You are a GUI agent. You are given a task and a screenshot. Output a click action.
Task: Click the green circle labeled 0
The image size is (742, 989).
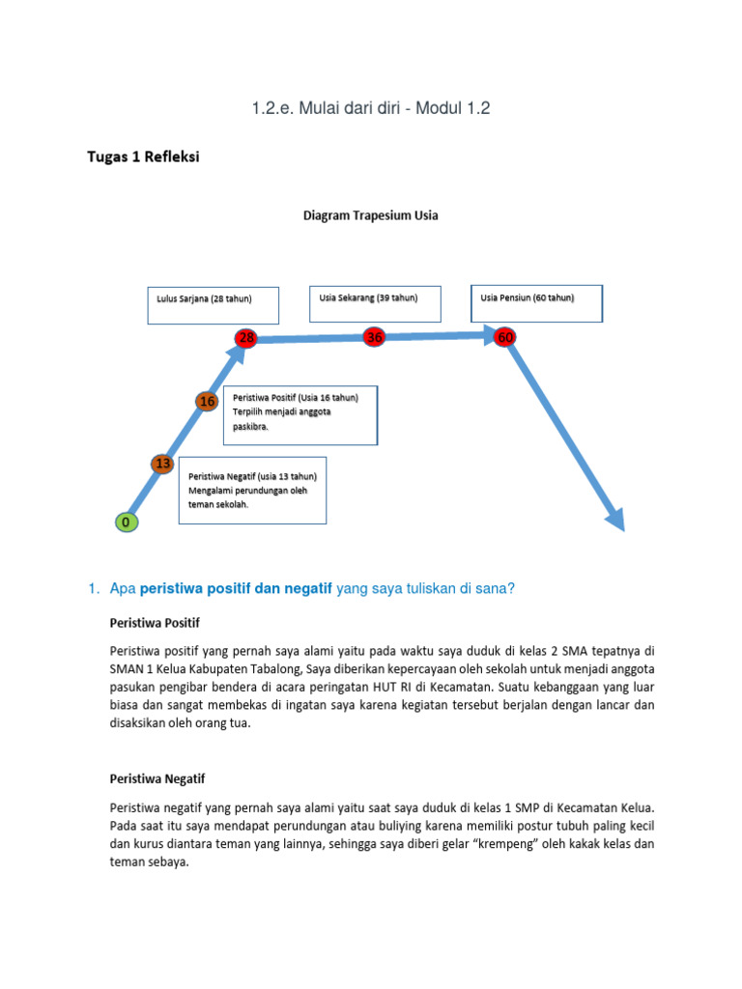coord(127,523)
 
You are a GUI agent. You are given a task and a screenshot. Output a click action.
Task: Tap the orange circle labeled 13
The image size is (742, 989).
coord(163,465)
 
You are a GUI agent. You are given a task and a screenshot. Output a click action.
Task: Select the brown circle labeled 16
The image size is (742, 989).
coord(207,401)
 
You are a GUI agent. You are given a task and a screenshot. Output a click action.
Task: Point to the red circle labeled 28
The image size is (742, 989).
coord(246,337)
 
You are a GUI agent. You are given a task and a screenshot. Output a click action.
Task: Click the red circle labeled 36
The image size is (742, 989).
coord(375,337)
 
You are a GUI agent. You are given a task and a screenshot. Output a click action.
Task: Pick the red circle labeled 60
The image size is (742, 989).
coord(504,337)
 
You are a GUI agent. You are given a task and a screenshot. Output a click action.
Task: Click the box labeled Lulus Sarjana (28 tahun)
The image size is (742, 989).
coord(214,304)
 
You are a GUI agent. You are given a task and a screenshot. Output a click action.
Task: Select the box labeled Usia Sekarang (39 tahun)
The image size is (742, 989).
coord(375,304)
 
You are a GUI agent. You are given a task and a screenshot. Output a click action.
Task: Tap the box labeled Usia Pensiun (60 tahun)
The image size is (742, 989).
coord(536,303)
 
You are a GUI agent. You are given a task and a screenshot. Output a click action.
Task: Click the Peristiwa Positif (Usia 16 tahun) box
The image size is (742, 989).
coord(300,415)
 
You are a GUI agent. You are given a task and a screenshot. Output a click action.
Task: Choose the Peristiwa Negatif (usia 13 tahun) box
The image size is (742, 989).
coord(252,490)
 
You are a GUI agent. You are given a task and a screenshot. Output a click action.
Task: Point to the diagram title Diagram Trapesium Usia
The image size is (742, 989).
coord(371,216)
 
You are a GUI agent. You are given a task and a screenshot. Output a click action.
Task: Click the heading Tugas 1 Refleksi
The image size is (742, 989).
coord(144,158)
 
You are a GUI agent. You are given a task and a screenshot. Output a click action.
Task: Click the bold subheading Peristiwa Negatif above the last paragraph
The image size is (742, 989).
coord(157,778)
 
